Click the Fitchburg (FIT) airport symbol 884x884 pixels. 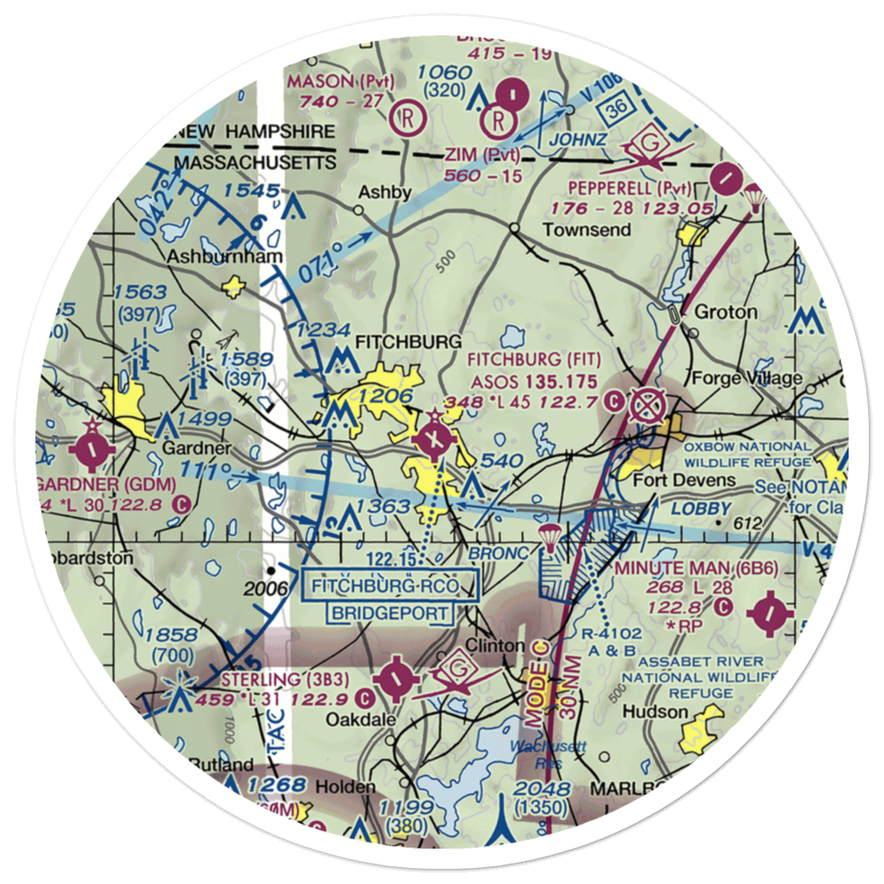coord(434,436)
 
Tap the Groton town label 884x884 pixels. coord(726,312)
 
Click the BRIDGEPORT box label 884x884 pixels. coord(391,613)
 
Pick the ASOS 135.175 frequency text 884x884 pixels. coord(533,382)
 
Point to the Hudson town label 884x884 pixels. coord(655,712)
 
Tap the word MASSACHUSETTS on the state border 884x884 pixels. coord(255,164)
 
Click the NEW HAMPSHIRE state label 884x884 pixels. coord(255,132)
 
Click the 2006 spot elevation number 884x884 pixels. coord(269,589)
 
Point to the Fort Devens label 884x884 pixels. coord(685,481)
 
